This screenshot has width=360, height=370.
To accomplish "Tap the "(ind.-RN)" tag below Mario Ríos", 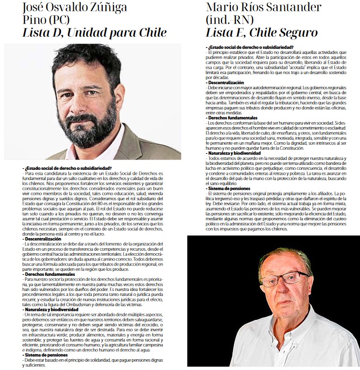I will tap(230, 20).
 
